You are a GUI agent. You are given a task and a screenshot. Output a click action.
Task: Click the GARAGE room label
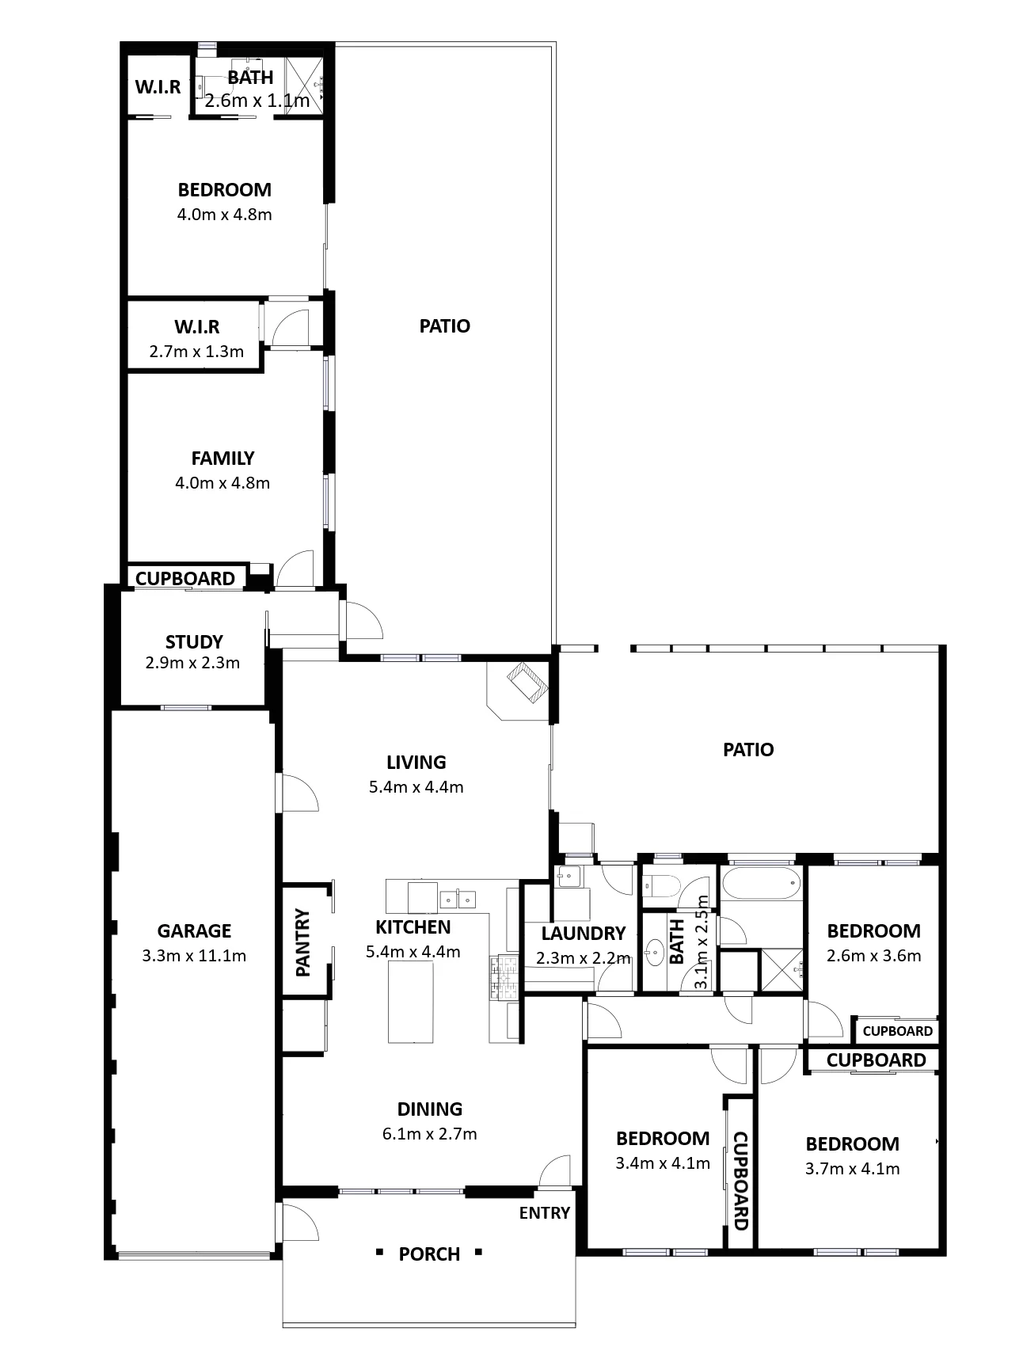pyautogui.click(x=194, y=931)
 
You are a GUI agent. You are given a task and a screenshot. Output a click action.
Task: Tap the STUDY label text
pyautogui.click(x=194, y=641)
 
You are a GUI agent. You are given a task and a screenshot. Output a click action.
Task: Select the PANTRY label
pyautogui.click(x=302, y=942)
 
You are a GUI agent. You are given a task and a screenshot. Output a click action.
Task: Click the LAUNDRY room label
pyautogui.click(x=584, y=934)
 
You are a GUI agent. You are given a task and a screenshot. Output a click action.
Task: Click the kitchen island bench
pyautogui.click(x=411, y=1001)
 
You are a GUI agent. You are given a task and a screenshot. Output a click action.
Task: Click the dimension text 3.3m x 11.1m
pyautogui.click(x=194, y=956)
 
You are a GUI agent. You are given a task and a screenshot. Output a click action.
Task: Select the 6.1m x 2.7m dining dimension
pyautogui.click(x=429, y=1134)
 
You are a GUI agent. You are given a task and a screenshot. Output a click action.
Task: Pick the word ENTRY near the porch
pyautogui.click(x=545, y=1213)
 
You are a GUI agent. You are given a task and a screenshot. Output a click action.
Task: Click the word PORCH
pyautogui.click(x=429, y=1254)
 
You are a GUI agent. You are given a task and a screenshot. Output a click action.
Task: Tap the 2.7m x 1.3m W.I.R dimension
pyautogui.click(x=196, y=352)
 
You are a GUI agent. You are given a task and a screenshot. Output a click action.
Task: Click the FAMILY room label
pyautogui.click(x=222, y=459)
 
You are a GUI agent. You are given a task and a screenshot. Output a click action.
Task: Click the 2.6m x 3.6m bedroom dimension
pyautogui.click(x=873, y=956)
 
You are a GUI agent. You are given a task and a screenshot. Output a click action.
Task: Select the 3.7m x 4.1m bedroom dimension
pyautogui.click(x=852, y=1169)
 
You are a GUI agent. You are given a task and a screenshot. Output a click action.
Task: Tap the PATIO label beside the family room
pyautogui.click(x=445, y=326)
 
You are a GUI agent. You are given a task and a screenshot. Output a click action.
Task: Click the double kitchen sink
pyautogui.click(x=457, y=898)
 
